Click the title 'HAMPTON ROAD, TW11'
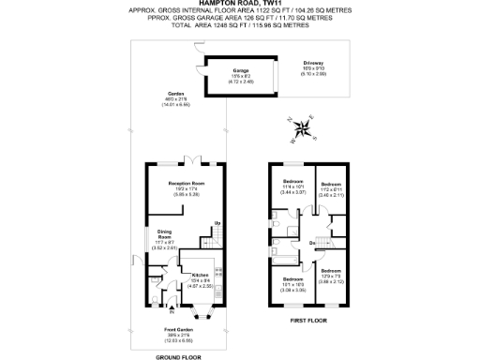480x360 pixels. coord(239,4)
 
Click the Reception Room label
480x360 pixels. coord(186,183)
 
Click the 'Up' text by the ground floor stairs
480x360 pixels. coord(217,222)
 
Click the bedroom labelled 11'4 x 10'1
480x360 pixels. coord(293,186)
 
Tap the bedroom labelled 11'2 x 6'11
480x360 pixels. coord(333,187)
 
